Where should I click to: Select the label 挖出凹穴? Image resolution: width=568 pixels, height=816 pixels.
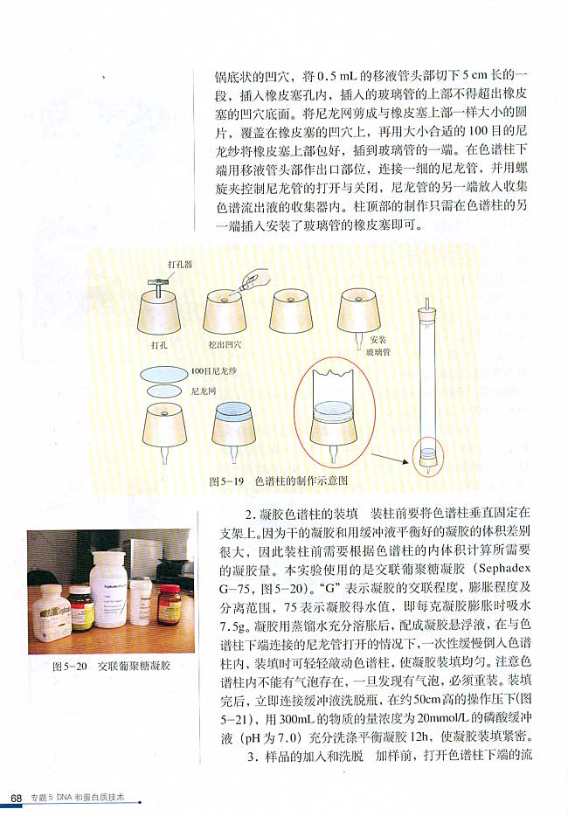(x=225, y=346)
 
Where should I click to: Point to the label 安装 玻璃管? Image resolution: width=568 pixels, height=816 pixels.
(x=378, y=344)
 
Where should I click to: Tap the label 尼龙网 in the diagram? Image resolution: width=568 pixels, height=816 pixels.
(x=201, y=394)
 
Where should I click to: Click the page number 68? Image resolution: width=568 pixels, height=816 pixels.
(x=16, y=798)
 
